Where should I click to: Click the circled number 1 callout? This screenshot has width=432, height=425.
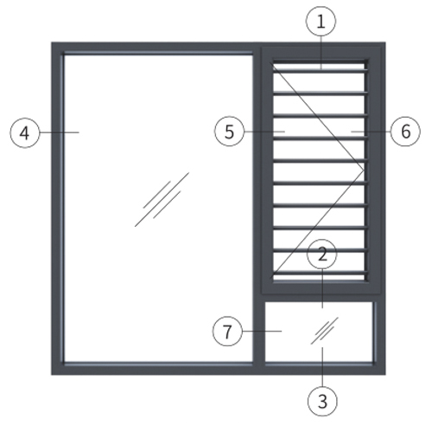pyautogui.click(x=321, y=22)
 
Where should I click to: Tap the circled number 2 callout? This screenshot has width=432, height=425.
pyautogui.click(x=322, y=254)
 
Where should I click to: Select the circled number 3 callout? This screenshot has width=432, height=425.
pyautogui.click(x=322, y=402)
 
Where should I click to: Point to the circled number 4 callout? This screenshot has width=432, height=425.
pyautogui.click(x=25, y=132)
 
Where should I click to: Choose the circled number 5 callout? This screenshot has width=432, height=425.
pyautogui.click(x=229, y=132)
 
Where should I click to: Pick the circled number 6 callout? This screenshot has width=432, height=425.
pyautogui.click(x=405, y=132)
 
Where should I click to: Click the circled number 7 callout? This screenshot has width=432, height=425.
pyautogui.click(x=228, y=332)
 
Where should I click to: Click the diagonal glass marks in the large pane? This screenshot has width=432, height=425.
pyautogui.click(x=162, y=200)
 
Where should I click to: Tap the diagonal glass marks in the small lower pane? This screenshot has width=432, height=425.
pyautogui.click(x=325, y=331)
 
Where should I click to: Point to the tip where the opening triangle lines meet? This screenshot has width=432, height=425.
pyautogui.click(x=364, y=171)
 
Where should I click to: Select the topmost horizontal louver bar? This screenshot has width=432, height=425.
pyautogui.click(x=321, y=70)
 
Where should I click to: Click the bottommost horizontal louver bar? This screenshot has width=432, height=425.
pyautogui.click(x=321, y=273)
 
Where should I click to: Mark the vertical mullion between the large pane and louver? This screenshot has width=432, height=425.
pyautogui.click(x=257, y=208)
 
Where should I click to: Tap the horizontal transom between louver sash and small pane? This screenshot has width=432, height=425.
pyautogui.click(x=321, y=299)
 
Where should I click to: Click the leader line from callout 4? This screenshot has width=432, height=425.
pyautogui.click(x=60, y=132)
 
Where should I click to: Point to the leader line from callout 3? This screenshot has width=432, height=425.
pyautogui.click(x=322, y=367)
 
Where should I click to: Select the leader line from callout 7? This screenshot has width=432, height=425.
pyautogui.click(x=263, y=332)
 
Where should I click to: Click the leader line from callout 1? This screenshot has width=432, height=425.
pyautogui.click(x=321, y=53)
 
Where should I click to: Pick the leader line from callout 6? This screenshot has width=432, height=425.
pyautogui.click(x=371, y=132)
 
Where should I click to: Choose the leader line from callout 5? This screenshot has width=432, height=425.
pyautogui.click(x=264, y=132)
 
